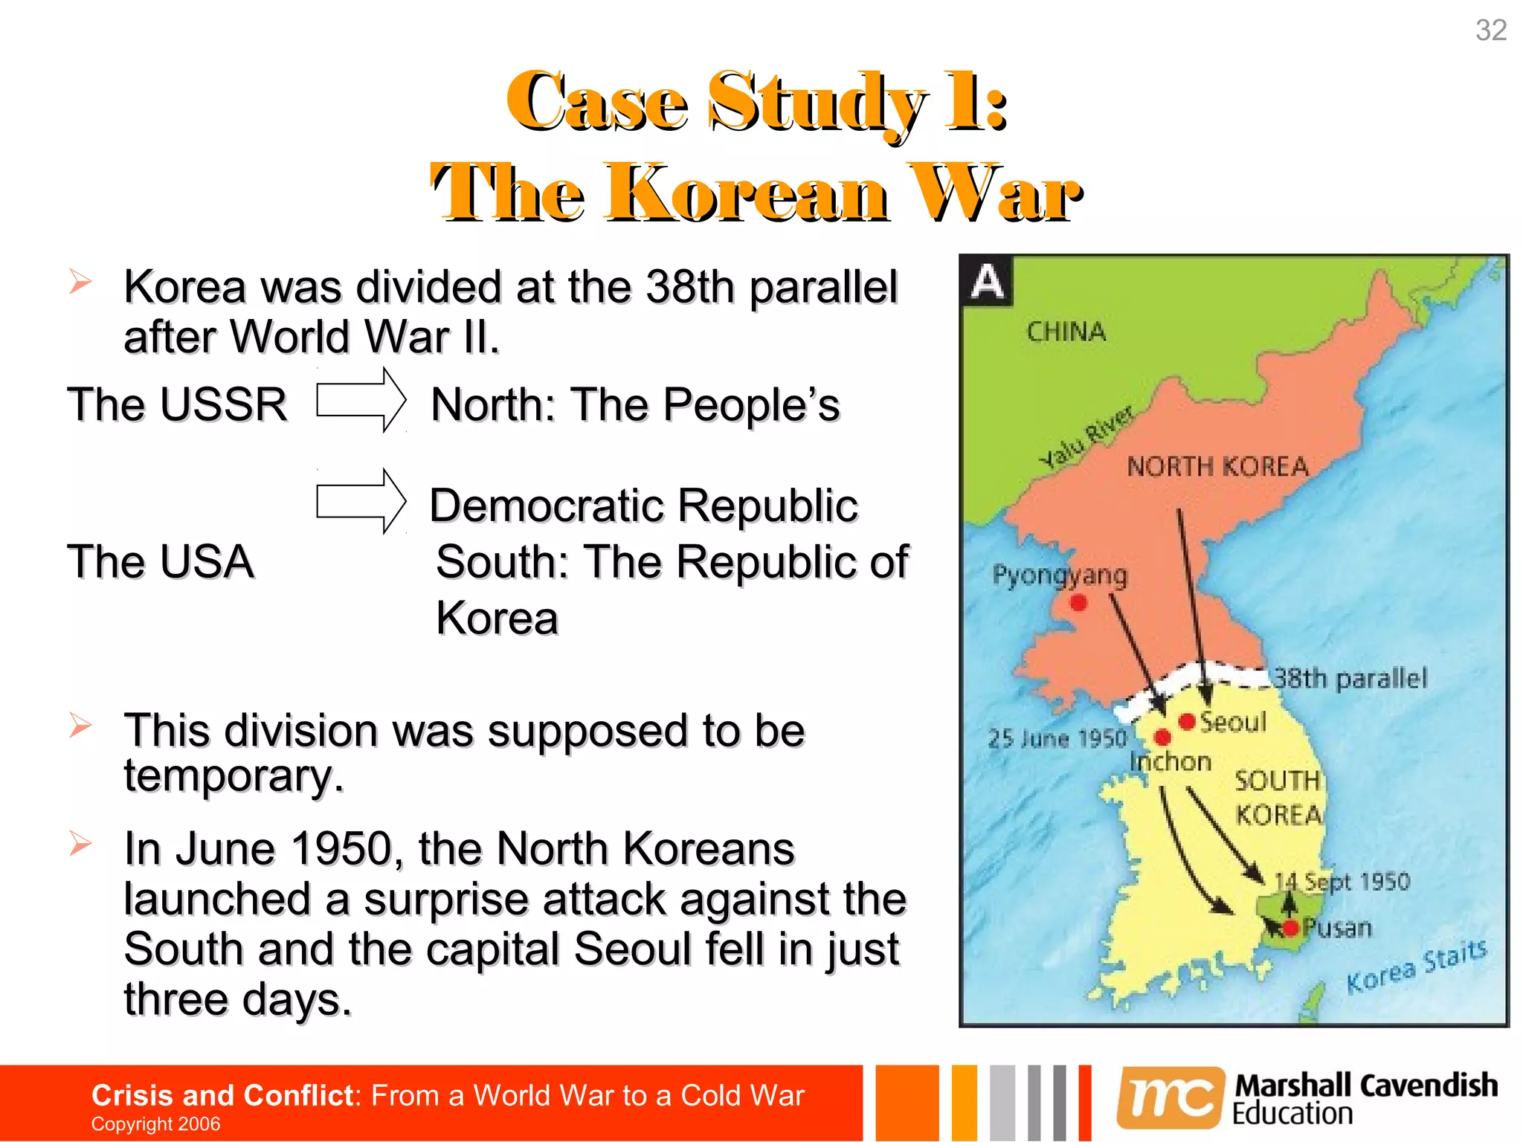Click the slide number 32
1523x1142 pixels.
[1490, 30]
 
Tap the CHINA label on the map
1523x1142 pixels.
[1066, 332]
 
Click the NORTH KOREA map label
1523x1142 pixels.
[1217, 467]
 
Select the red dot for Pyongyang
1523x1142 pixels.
[1078, 602]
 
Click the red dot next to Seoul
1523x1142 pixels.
[1187, 720]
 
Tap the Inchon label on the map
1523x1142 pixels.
[1171, 761]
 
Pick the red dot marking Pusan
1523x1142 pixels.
[1290, 927]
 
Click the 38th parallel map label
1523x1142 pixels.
[1350, 678]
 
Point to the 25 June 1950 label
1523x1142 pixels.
[1057, 738]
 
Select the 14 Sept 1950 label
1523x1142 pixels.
[1342, 881]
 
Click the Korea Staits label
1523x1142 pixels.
[1416, 966]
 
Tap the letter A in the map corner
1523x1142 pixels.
[987, 282]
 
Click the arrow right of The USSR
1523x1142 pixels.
[361, 400]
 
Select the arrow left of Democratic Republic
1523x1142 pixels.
[361, 502]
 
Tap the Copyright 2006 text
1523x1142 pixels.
[155, 1123]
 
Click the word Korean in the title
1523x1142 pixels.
[747, 195]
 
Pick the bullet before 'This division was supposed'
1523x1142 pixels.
[80, 725]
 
